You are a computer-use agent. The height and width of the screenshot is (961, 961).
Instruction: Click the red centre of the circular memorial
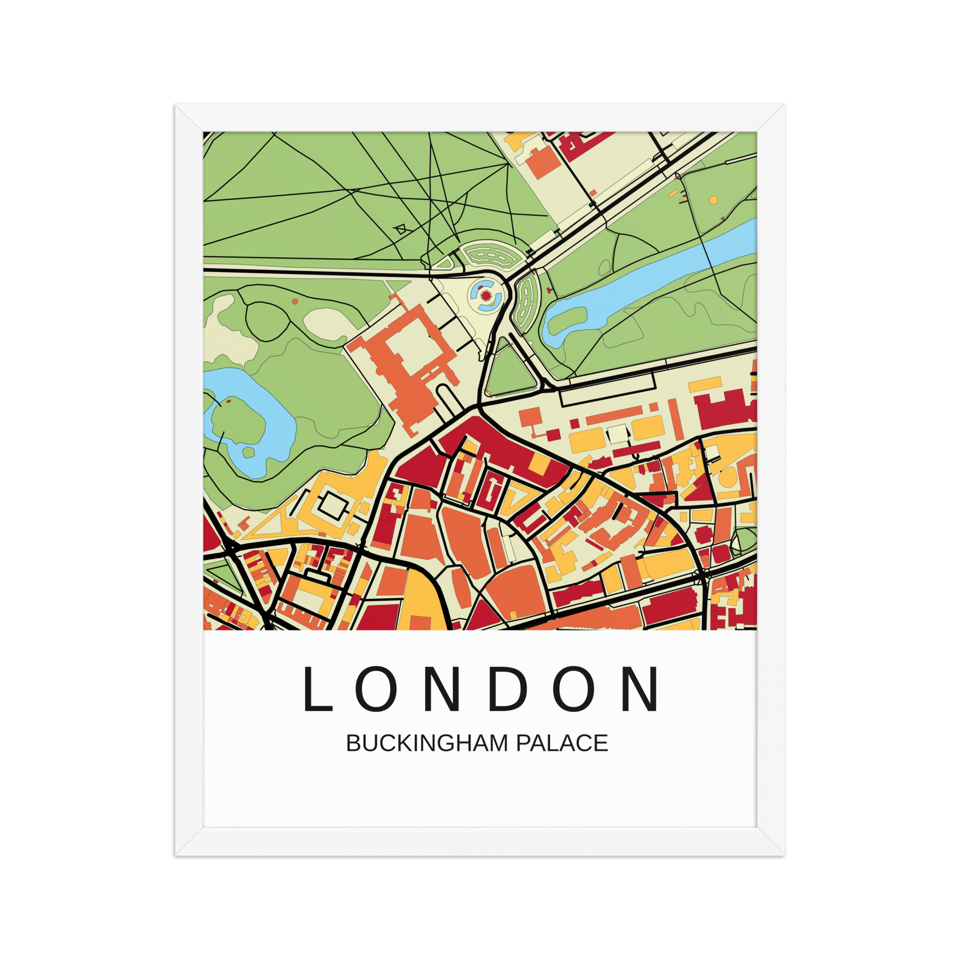pyautogui.click(x=485, y=296)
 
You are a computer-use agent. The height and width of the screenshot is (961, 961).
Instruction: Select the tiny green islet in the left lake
pyautogui.click(x=248, y=452)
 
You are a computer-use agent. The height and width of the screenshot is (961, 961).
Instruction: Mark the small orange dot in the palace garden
pyautogui.click(x=295, y=301)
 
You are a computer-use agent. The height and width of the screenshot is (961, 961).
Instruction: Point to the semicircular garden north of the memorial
pyautogui.click(x=493, y=254)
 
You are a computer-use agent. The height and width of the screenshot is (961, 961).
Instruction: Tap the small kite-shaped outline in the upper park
pyautogui.click(x=400, y=229)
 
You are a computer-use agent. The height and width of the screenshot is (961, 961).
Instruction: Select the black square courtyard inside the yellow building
pyautogui.click(x=333, y=506)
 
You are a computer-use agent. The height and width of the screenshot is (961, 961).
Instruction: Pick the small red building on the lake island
pyautogui.click(x=229, y=401)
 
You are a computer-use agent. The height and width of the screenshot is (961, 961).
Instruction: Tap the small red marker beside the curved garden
pyautogui.click(x=549, y=289)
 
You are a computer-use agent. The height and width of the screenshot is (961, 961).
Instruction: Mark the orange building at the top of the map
pyautogui.click(x=543, y=161)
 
